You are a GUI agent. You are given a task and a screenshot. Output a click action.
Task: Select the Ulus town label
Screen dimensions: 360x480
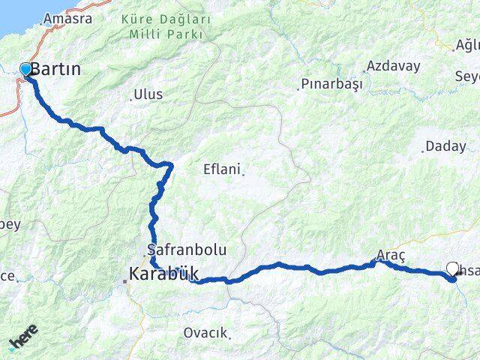tap(148, 95)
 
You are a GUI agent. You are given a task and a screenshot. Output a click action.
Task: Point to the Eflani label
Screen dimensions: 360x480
tap(221, 169)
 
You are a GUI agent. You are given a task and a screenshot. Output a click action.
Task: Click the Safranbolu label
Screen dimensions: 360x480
tap(187, 249)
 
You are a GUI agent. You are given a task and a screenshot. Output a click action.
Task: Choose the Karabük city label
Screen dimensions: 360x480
tap(163, 274)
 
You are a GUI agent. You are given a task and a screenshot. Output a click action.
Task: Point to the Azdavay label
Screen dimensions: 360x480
tap(394, 66)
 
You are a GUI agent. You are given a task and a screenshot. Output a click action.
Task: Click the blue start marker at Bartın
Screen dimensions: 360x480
tap(26, 70)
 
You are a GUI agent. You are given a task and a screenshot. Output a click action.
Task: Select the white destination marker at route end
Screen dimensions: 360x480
tap(452, 268)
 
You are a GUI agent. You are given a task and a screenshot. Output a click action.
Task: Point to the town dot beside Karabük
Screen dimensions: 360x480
tap(125, 281)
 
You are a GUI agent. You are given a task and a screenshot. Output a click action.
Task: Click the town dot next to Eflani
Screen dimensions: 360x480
tap(243, 173)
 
